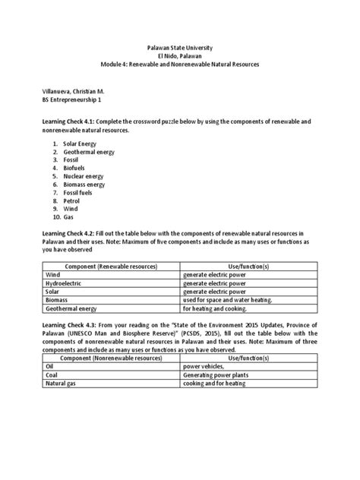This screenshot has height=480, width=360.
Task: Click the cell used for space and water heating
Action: tap(227, 300)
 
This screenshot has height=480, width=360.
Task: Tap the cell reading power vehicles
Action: tap(204, 365)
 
